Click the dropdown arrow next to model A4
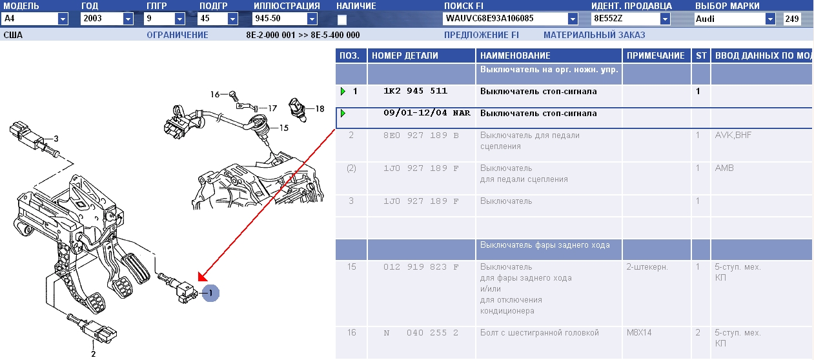63,19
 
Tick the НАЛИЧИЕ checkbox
342,19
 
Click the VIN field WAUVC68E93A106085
505,19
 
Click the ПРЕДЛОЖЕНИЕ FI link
482,35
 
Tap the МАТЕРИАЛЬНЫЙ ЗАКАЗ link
594,35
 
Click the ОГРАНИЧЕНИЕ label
178,35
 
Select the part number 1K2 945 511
415,91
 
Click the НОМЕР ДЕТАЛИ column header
405,55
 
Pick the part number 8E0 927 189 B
421,135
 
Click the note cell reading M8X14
639,332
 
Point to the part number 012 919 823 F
421,267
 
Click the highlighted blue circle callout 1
210,293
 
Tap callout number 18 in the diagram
320,108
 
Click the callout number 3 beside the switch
56,139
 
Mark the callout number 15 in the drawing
284,128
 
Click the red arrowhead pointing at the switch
202,277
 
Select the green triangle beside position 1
343,91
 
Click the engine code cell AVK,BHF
733,135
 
